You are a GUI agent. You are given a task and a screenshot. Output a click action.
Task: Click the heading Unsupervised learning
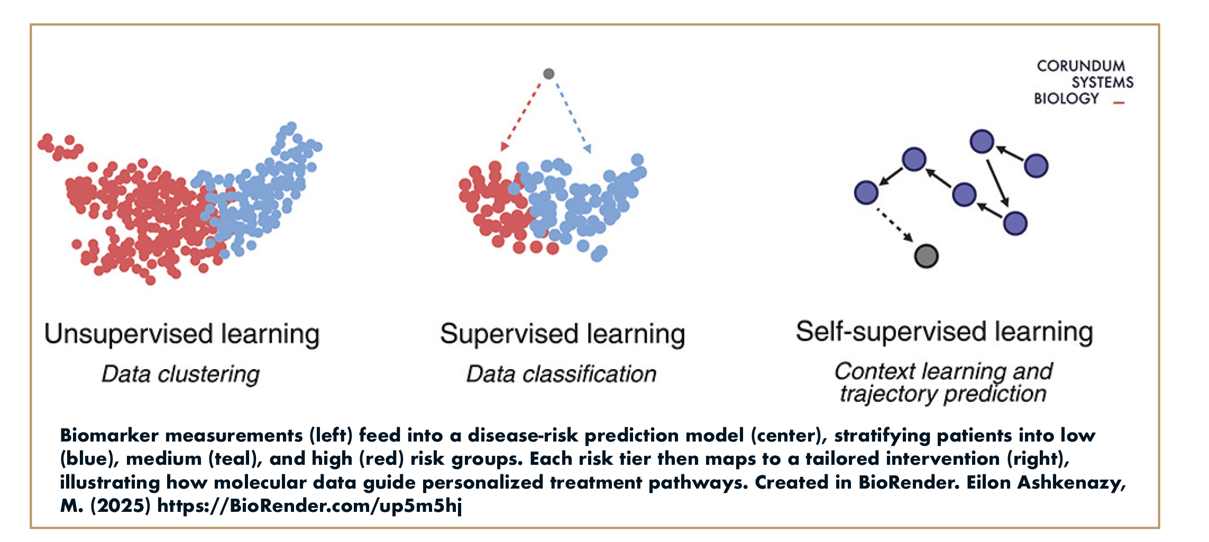182,334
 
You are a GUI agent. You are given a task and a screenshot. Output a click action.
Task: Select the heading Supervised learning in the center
563,334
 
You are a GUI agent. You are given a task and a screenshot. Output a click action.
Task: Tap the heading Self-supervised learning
945,332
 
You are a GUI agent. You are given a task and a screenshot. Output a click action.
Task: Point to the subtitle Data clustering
181,374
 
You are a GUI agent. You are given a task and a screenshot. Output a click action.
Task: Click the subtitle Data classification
561,374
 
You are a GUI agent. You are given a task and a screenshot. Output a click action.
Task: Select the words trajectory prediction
943,394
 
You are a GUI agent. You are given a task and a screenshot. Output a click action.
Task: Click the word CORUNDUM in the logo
1080,66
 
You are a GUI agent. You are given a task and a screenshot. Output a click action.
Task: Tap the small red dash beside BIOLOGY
1119,103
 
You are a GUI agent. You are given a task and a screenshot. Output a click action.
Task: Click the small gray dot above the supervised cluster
549,74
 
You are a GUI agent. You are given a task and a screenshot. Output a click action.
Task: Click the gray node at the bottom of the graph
926,256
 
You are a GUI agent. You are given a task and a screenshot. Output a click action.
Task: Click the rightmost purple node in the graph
1036,166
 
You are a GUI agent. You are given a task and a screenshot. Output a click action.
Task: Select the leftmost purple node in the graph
866,192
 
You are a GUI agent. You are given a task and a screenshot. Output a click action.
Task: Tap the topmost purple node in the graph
982,142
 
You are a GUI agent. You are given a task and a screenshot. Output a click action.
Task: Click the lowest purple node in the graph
1015,223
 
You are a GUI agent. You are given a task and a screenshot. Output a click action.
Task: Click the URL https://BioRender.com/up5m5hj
309,506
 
